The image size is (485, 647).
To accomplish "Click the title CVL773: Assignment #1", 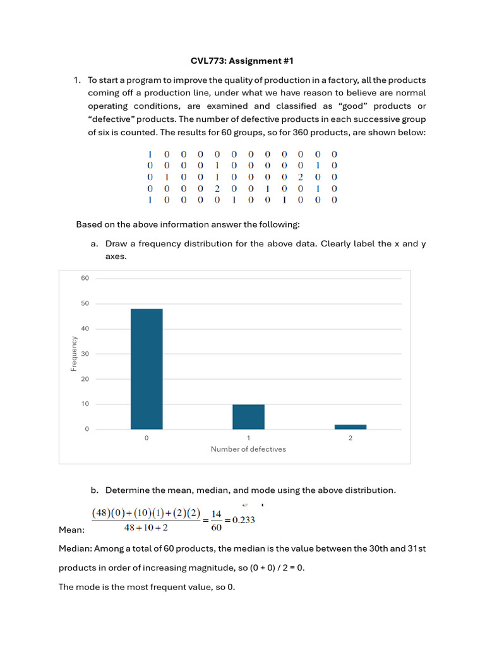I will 242,61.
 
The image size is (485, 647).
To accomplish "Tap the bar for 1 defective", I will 248,417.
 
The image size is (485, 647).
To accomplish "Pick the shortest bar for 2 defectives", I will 350,427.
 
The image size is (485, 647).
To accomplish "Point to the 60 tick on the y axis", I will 85,279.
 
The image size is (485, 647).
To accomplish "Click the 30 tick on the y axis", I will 85,354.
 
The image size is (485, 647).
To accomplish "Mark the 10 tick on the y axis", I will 85,404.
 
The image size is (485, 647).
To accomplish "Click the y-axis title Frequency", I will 74,354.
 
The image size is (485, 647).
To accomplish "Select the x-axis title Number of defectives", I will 248,449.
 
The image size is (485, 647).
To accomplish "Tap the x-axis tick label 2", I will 350,438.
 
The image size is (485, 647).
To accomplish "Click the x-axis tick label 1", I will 248,438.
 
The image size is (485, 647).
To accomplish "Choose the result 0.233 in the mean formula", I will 244,521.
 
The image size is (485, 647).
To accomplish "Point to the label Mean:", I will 71,530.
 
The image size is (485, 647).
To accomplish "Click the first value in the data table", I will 150,154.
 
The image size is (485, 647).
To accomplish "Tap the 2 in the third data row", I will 301,177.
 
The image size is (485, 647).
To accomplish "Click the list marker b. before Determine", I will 95,490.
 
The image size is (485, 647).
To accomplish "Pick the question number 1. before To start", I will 77,80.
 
